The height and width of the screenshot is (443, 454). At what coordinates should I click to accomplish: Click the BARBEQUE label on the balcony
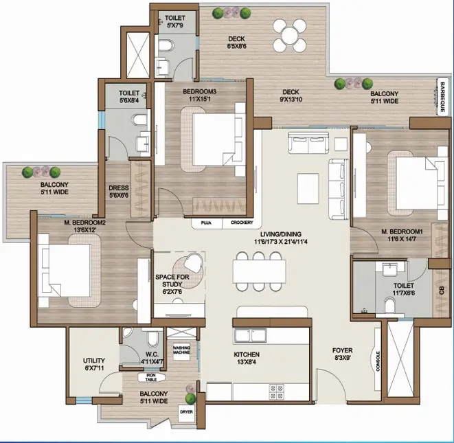click(442, 97)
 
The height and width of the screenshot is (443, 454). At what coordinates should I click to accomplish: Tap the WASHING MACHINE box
click(181, 352)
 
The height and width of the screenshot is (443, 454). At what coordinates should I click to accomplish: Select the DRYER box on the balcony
click(186, 412)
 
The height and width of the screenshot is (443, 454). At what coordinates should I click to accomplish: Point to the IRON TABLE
click(151, 377)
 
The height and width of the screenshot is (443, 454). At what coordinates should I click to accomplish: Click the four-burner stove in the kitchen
click(276, 391)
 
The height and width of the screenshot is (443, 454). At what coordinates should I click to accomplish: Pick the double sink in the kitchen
click(251, 336)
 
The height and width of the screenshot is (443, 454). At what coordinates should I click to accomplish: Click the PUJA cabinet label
click(206, 223)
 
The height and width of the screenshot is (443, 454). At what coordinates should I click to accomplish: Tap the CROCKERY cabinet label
click(242, 223)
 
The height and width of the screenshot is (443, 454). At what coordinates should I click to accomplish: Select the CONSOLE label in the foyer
click(378, 361)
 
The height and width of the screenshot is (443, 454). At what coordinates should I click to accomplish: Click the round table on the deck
click(290, 35)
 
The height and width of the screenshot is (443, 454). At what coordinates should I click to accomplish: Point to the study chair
click(192, 262)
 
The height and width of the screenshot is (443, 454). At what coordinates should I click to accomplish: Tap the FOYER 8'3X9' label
click(343, 354)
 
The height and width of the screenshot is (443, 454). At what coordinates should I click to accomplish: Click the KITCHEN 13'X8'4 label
click(247, 358)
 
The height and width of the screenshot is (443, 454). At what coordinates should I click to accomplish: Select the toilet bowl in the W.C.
click(153, 339)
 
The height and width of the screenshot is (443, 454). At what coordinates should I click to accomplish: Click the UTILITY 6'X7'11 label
click(93, 364)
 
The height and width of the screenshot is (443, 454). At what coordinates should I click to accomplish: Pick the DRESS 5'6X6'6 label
click(119, 192)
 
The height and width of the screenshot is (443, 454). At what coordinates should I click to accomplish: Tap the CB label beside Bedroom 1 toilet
click(441, 291)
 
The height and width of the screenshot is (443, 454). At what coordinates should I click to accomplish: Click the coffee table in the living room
click(308, 188)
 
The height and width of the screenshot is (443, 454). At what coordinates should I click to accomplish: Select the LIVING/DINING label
click(280, 234)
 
